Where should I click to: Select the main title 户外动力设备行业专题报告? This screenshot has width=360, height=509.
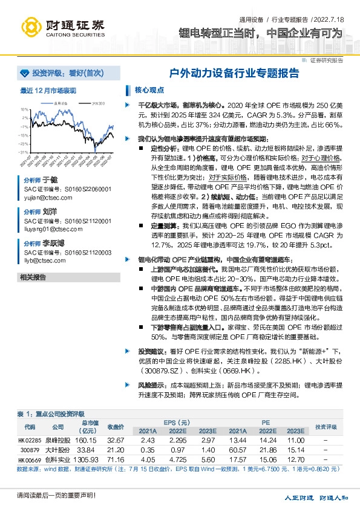coord(234,73)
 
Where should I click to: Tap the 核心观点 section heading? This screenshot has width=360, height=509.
coord(149,90)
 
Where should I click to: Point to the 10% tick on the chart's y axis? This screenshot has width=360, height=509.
coord(25,109)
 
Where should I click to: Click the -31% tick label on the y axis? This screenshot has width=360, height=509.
coord(24,152)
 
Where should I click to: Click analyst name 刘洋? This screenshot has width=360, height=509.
coord(50,212)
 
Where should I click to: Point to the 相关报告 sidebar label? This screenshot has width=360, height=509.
coord(33,277)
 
